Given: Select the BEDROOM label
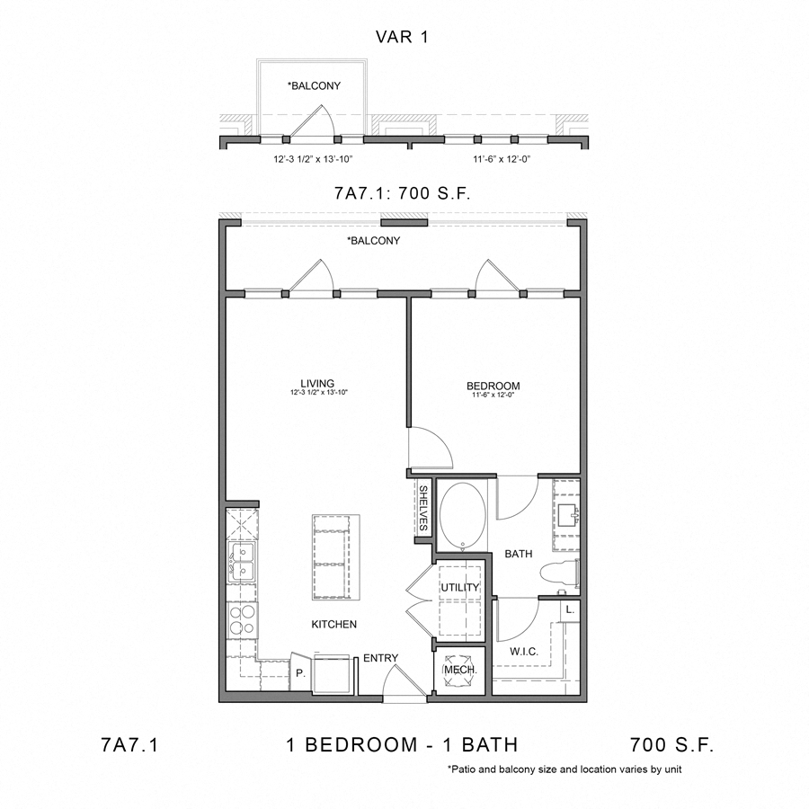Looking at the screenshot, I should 493,386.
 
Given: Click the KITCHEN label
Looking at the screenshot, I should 334,624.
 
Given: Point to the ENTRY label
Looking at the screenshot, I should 380,658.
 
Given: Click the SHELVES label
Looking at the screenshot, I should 422,508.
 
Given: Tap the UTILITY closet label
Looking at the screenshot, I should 460,588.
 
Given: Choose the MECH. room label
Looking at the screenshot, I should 460,671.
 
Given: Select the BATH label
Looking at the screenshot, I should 519,555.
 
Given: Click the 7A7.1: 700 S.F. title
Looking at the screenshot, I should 404,192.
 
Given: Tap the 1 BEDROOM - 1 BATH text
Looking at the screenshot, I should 401,744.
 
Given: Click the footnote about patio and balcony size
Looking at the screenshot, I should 568,770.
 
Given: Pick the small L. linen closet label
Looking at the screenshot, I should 569,609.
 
